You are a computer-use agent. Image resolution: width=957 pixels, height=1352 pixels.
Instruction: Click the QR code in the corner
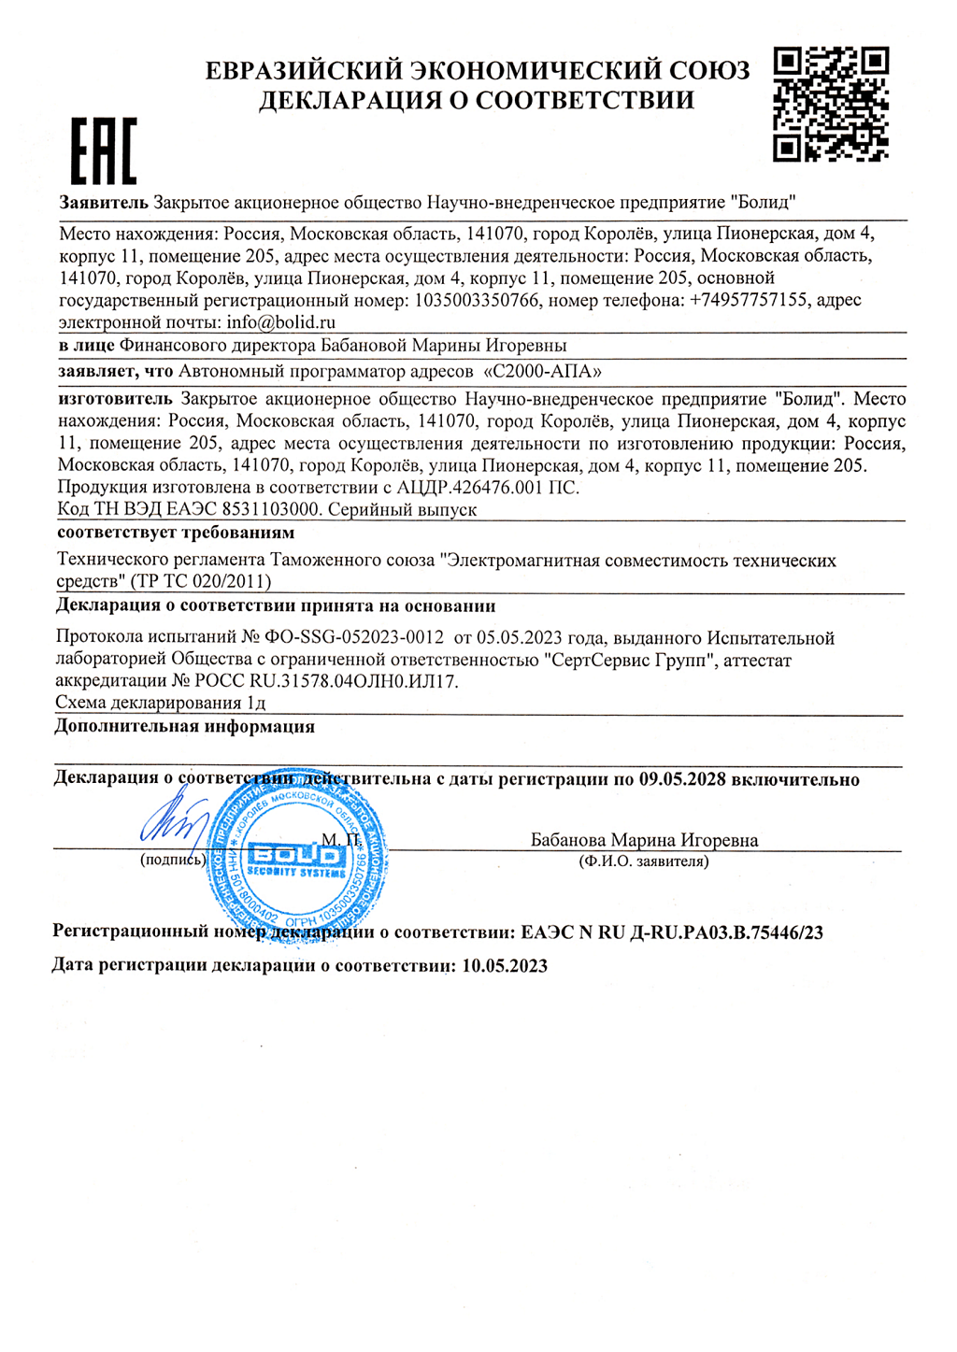pyautogui.click(x=831, y=105)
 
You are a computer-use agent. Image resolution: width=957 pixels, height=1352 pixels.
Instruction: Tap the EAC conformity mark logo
pyautogui.click(x=104, y=151)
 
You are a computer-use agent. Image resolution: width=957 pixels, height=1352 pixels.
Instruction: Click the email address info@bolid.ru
pyautogui.click(x=280, y=322)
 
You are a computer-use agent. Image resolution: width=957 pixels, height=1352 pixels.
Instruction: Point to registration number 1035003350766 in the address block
pyautogui.click(x=476, y=300)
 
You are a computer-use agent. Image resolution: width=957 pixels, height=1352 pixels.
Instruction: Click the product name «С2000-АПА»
pyautogui.click(x=542, y=371)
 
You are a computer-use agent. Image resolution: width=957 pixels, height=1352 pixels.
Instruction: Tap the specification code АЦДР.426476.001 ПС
pyautogui.click(x=488, y=487)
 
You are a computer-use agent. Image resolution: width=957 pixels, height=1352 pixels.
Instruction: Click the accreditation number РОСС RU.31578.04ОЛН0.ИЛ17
pyautogui.click(x=314, y=681)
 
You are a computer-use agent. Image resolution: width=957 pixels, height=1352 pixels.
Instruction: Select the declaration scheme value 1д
pyautogui.click(x=256, y=703)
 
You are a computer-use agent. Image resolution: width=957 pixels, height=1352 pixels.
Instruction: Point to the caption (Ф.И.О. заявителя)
pyautogui.click(x=643, y=861)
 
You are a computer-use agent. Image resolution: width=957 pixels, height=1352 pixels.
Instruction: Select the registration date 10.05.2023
pyautogui.click(x=505, y=965)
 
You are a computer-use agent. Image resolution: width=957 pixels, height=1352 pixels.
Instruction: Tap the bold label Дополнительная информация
pyautogui.click(x=184, y=726)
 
